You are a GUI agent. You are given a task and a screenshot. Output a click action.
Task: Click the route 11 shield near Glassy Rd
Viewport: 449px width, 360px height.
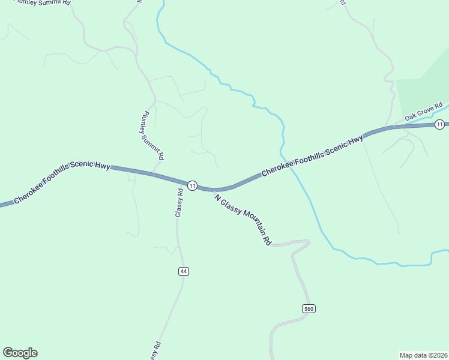coord(192,185)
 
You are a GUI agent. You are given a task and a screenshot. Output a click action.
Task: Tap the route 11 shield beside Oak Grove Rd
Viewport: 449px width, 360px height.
coord(440,124)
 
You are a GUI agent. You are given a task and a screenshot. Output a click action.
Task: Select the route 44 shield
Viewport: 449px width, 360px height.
coord(184,271)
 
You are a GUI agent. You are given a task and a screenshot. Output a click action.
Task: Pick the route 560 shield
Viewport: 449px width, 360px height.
coord(309,308)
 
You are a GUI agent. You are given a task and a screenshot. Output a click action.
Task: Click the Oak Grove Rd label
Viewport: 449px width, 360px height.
coord(423,110)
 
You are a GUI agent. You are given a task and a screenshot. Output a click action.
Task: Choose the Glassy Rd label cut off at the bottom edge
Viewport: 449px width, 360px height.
coord(155,352)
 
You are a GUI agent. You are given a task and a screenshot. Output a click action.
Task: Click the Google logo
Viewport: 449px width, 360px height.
coord(20,353)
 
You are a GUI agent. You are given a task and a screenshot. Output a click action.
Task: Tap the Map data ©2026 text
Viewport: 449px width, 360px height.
coord(423,355)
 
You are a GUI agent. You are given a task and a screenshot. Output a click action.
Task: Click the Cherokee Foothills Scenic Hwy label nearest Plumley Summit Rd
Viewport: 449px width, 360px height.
coord(61,182)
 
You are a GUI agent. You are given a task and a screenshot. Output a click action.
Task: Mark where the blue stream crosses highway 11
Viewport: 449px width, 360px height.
coord(288,164)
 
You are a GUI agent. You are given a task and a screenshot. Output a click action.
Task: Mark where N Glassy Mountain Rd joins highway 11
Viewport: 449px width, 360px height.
coord(214,190)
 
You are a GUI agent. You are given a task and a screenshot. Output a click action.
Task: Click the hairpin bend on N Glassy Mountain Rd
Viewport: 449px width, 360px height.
coord(307,243)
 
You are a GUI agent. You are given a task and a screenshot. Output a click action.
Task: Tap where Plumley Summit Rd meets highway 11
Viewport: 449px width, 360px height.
coord(154,175)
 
